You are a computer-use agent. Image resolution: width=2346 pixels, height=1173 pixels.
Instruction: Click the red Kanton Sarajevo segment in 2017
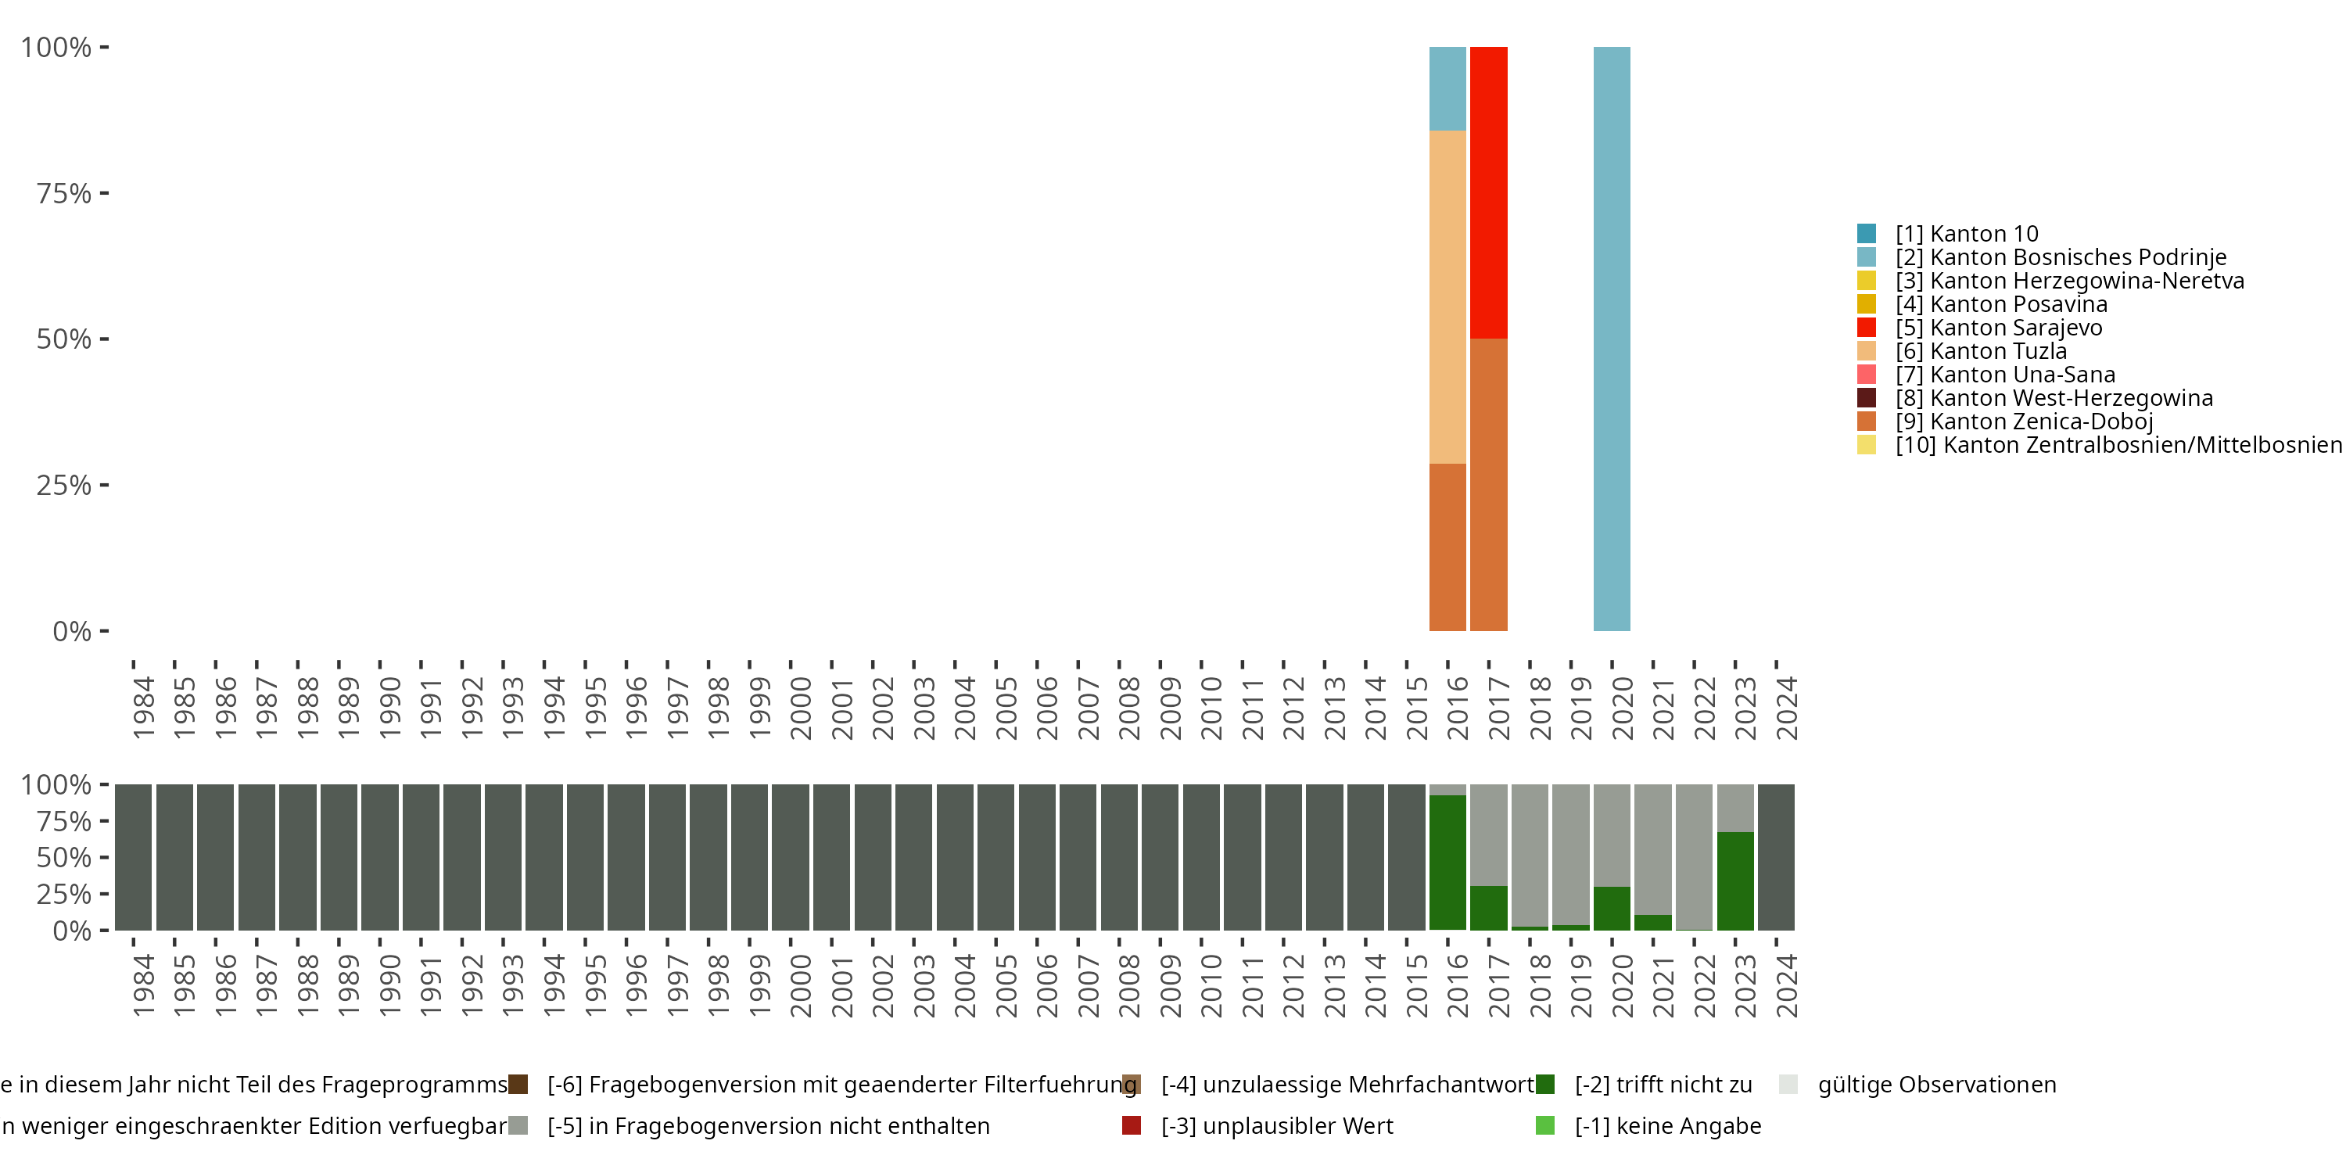click(x=1488, y=192)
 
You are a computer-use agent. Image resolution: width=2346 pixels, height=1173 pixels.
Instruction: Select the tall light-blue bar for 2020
click(x=1611, y=338)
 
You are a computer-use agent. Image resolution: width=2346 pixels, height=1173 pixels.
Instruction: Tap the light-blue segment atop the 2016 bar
click(x=1447, y=88)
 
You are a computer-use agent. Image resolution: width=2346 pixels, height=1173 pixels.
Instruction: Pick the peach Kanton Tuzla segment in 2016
click(x=1447, y=297)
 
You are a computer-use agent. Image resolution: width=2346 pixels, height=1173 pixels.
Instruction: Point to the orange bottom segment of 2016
click(x=1447, y=547)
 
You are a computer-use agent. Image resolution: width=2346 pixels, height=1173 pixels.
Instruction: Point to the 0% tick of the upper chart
click(x=72, y=631)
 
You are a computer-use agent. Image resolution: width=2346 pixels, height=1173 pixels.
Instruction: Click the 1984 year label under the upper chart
click(x=143, y=708)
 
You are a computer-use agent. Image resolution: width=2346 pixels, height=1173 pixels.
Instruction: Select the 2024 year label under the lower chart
click(x=1786, y=985)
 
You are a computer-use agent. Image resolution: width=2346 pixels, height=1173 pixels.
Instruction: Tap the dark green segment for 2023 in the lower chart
click(x=1735, y=880)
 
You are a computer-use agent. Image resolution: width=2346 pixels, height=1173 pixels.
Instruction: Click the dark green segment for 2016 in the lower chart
click(x=1447, y=862)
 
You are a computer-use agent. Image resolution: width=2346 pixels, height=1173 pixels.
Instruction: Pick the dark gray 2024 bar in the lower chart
click(x=1776, y=857)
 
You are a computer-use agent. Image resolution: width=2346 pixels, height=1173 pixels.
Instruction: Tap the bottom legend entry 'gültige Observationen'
click(x=1936, y=1085)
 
